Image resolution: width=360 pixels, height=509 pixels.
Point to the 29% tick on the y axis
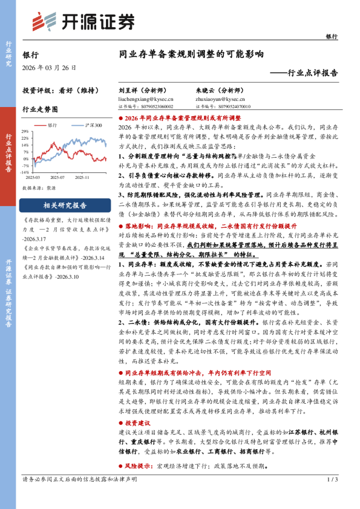coord(27,132)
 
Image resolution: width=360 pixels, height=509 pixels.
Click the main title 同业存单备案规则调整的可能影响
coord(191,54)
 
